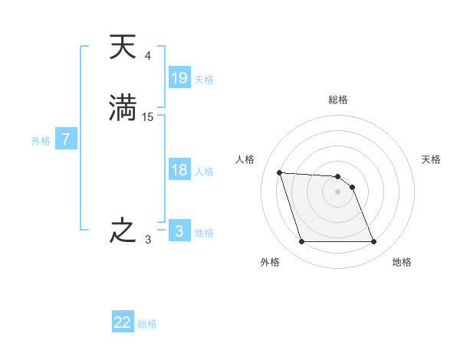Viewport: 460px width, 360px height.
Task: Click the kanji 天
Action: [123, 47]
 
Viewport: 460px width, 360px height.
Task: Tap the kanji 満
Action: [123, 107]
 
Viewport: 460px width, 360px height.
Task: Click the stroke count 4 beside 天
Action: [148, 56]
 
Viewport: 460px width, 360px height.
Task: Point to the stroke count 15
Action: [148, 116]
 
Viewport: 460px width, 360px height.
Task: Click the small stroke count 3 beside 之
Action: [148, 240]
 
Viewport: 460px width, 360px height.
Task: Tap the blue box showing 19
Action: [179, 77]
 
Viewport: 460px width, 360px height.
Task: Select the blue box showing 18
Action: [179, 170]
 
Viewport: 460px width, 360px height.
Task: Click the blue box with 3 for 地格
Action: [179, 231]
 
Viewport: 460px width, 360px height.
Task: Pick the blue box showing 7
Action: [66, 139]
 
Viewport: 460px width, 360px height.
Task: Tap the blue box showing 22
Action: [123, 322]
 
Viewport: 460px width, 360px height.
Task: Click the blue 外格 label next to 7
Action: [41, 141]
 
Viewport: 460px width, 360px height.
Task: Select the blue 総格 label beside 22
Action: [147, 324]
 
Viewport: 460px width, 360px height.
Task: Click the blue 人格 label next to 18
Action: [204, 172]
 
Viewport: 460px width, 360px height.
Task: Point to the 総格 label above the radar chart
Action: [338, 100]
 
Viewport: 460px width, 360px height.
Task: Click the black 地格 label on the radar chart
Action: [402, 262]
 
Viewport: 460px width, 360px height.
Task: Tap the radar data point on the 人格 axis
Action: [280, 172]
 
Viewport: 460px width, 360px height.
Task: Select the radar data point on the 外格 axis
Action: [301, 242]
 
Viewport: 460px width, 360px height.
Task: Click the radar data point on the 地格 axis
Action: [374, 242]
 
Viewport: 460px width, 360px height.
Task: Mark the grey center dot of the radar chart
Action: [338, 191]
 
